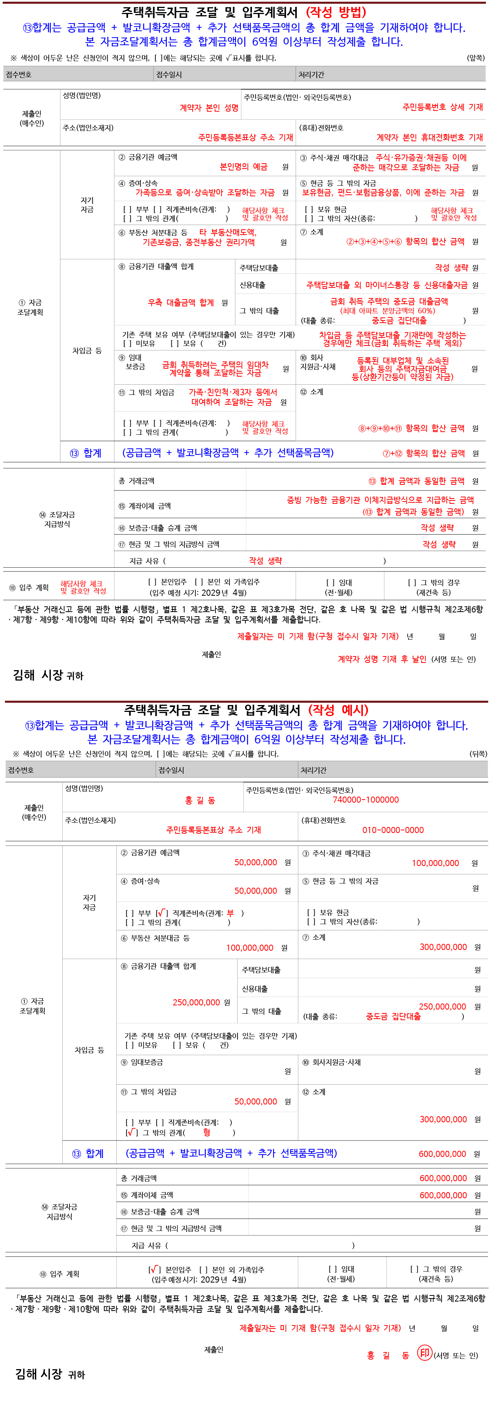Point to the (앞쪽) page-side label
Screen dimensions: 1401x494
[475, 58]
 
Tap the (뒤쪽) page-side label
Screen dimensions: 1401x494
[478, 754]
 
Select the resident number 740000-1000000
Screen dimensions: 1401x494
[366, 800]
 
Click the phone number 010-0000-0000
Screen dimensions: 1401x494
[393, 830]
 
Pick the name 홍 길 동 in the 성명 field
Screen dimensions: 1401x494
[199, 800]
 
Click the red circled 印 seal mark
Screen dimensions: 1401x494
[424, 1353]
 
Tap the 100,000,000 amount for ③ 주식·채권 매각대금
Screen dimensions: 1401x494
[435, 863]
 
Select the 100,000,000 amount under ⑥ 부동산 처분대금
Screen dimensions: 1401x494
[250, 947]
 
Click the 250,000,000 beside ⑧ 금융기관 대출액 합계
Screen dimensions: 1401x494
[196, 1002]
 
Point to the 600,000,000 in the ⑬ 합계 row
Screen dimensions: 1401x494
[442, 1153]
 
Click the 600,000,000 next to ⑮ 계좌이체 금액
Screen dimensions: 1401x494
[443, 1196]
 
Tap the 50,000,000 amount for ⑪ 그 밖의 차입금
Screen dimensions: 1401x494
[256, 1101]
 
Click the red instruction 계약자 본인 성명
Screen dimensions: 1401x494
[209, 108]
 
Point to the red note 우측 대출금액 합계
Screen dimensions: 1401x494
[180, 302]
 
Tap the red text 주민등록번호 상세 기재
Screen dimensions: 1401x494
[442, 107]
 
